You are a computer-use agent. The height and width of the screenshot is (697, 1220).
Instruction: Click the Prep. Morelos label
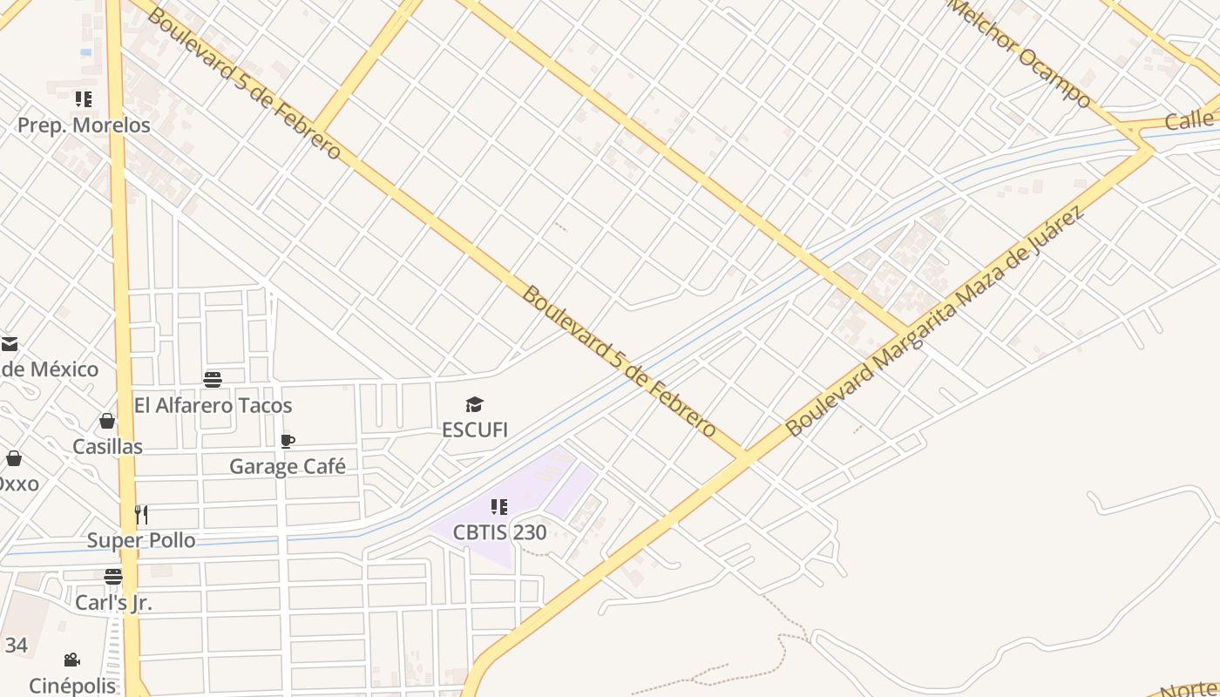click(x=84, y=125)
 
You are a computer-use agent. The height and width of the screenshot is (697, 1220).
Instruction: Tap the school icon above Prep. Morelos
click(x=83, y=99)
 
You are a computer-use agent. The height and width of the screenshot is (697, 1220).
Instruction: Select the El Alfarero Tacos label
click(x=213, y=405)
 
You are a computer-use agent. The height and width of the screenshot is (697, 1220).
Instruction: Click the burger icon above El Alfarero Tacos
click(x=213, y=380)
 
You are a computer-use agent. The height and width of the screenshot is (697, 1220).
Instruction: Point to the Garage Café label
click(x=287, y=466)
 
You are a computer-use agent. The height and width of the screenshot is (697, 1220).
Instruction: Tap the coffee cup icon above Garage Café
click(x=288, y=441)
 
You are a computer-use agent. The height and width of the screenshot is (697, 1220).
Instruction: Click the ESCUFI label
click(x=474, y=430)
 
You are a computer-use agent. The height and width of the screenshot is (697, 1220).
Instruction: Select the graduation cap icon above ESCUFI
click(x=474, y=404)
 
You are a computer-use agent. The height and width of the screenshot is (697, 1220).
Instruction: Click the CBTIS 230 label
click(x=499, y=531)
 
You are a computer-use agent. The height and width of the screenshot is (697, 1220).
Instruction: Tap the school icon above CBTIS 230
click(x=499, y=506)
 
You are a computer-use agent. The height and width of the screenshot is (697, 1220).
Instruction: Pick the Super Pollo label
click(x=141, y=540)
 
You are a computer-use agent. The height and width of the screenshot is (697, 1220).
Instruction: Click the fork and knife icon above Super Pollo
click(x=141, y=515)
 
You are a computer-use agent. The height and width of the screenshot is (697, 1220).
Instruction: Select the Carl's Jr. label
click(x=113, y=602)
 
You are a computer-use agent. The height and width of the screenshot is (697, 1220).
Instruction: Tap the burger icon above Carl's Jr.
click(x=113, y=577)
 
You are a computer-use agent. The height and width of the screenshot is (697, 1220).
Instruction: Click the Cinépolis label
click(x=72, y=686)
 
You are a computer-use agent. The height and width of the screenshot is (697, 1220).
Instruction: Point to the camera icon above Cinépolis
click(x=72, y=660)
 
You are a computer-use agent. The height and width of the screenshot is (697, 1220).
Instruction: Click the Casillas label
click(x=107, y=447)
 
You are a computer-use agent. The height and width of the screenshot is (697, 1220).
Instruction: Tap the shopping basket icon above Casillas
click(x=107, y=422)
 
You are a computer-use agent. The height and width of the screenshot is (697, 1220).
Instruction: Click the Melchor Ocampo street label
click(x=1021, y=52)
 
